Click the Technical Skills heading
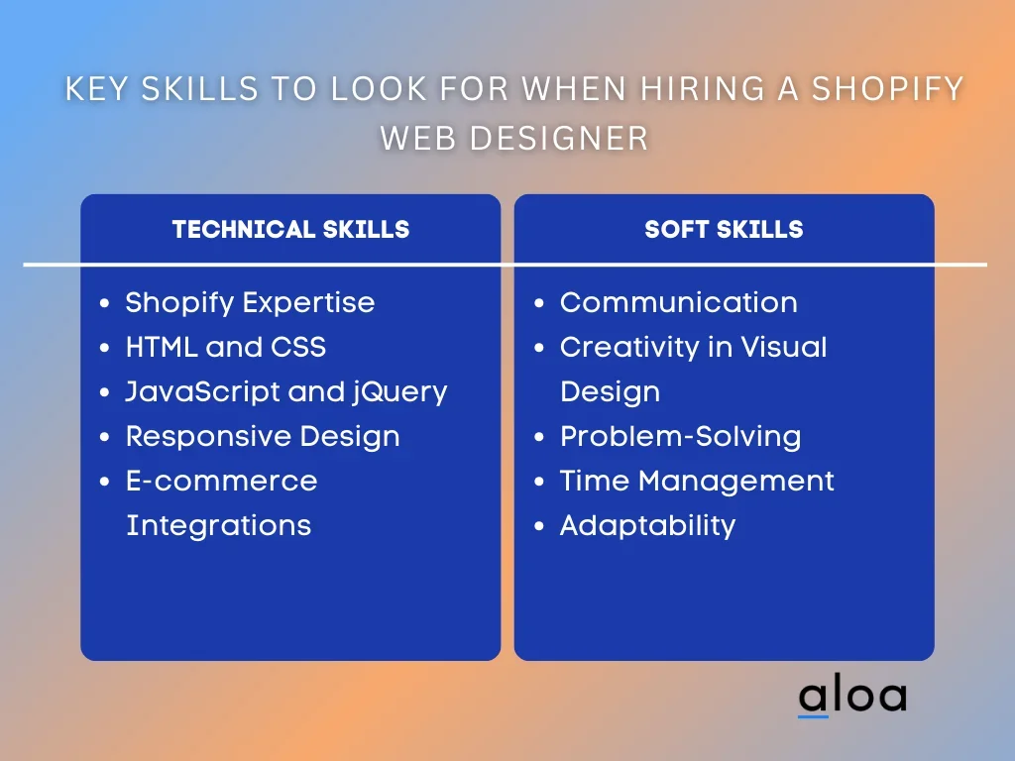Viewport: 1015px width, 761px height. [x=290, y=229]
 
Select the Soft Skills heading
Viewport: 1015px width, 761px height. [x=724, y=229]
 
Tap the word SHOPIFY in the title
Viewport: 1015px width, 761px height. [x=887, y=88]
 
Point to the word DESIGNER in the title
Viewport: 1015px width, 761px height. [x=559, y=138]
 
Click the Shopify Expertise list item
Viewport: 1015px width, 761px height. [x=250, y=303]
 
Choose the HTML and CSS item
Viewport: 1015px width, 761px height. [x=225, y=347]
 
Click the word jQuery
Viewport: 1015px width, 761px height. [x=399, y=392]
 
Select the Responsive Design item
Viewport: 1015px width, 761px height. [x=262, y=437]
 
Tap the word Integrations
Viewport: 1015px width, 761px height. [x=218, y=525]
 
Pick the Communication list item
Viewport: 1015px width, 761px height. [x=678, y=302]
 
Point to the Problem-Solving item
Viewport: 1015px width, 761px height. [x=680, y=437]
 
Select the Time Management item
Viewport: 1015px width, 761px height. [x=697, y=482]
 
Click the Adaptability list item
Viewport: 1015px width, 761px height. [x=647, y=525]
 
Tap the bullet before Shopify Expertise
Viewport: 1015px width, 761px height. [x=105, y=303]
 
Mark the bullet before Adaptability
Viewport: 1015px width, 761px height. [x=539, y=525]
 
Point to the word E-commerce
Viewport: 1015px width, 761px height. [x=221, y=482]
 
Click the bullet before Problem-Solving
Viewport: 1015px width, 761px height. [x=539, y=437]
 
